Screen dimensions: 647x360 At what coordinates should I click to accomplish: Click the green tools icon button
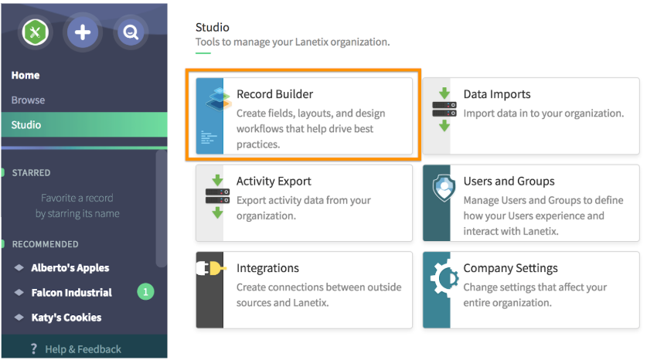(35, 32)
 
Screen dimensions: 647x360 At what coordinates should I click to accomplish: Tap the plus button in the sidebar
(83, 32)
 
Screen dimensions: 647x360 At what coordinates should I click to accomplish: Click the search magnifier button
(131, 32)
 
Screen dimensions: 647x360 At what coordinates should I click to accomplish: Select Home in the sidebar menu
(26, 76)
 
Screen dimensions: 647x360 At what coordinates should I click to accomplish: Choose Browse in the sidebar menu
(28, 100)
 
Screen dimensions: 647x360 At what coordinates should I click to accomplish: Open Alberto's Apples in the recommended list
(70, 268)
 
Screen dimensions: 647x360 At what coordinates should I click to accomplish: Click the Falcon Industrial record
(71, 293)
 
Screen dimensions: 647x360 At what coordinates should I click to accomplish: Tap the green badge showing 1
(145, 292)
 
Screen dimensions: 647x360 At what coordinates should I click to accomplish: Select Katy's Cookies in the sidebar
(66, 318)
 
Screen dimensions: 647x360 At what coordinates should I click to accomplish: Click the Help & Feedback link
(83, 349)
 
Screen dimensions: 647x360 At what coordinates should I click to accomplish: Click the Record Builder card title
(275, 94)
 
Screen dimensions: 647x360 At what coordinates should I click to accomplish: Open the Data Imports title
(497, 94)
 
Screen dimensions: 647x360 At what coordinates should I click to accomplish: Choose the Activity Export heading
(274, 182)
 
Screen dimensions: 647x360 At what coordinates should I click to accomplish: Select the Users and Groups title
(509, 182)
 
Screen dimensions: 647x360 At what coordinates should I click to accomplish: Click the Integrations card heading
(267, 268)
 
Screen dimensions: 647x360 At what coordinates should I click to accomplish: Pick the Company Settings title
(510, 268)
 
